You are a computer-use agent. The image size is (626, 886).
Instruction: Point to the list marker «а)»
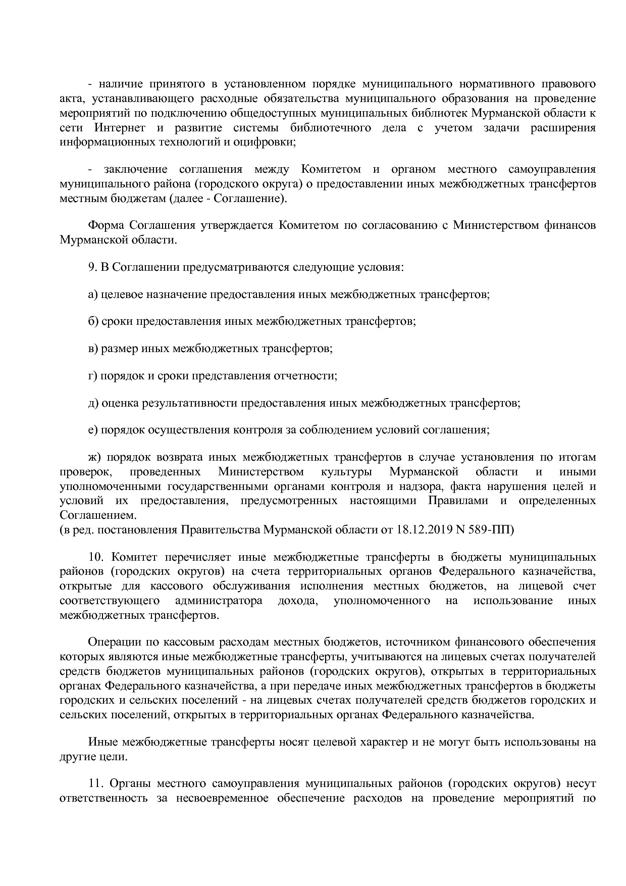coord(93,294)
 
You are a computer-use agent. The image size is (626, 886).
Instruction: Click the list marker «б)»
coord(93,321)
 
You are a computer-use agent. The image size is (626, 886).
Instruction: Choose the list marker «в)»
coord(93,349)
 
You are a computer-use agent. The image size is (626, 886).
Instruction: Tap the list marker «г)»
coord(92,376)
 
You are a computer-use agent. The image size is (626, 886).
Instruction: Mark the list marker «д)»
coord(93,403)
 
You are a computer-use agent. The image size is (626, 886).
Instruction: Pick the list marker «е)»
coord(93,430)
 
